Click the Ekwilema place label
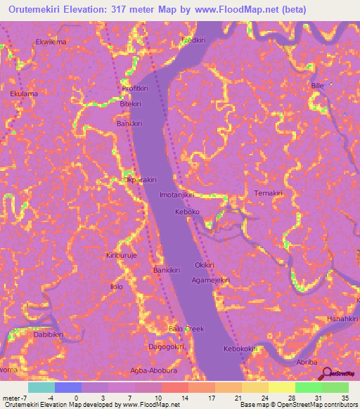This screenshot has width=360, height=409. pyautogui.click(x=50, y=41)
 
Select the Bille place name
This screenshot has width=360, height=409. pyautogui.click(x=318, y=86)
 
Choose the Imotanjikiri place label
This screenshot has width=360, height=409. pyautogui.click(x=176, y=195)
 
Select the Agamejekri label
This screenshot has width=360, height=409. pyautogui.click(x=211, y=280)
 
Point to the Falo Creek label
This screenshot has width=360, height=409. pyautogui.click(x=186, y=329)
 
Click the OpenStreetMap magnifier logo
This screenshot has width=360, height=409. pyautogui.click(x=327, y=374)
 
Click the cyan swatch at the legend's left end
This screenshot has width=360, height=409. pyautogui.click(x=41, y=387)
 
